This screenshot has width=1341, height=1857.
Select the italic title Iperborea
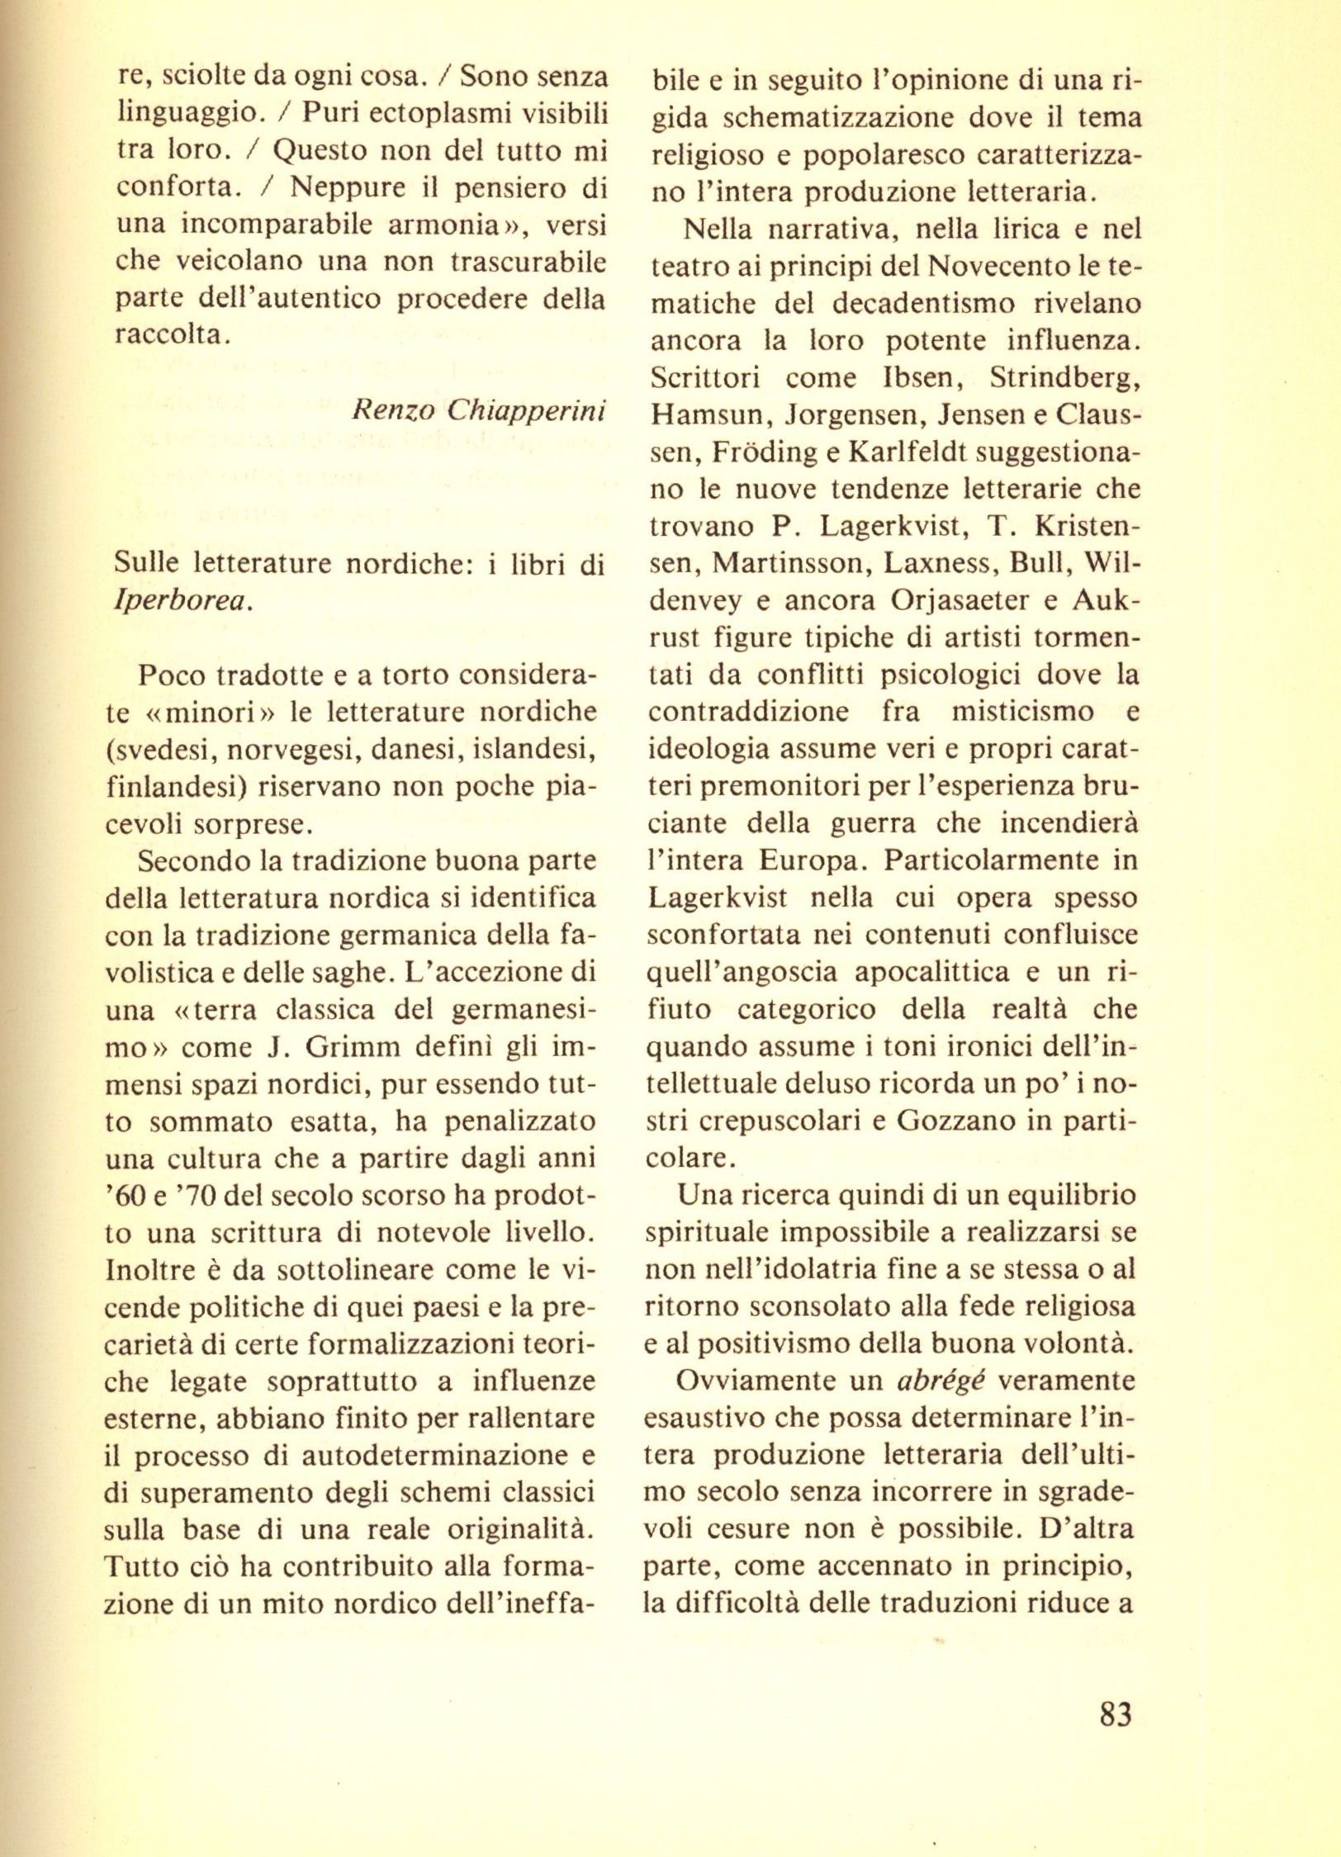click(182, 601)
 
